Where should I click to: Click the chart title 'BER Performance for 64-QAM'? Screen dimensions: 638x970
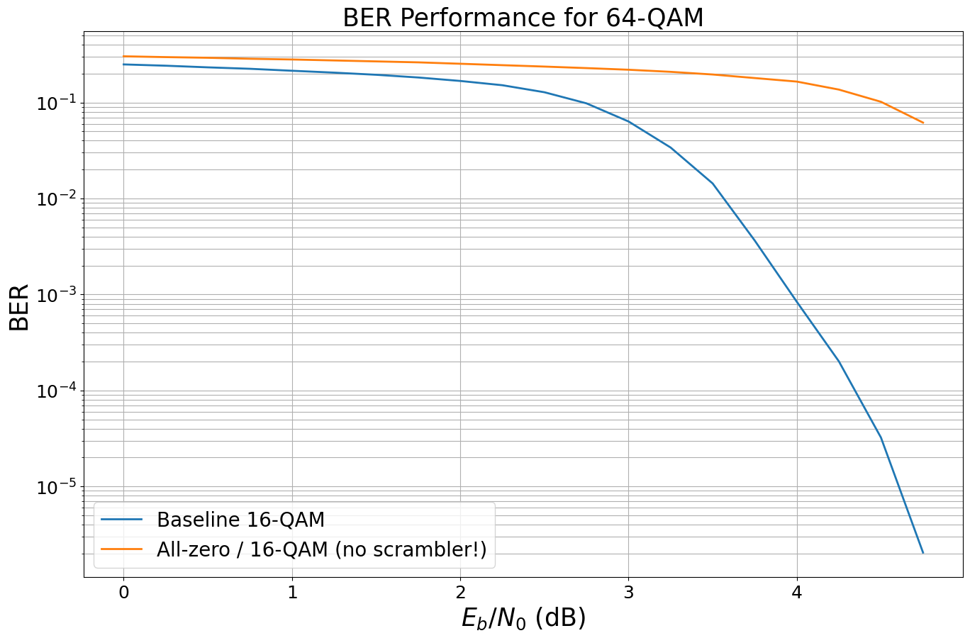[523, 18]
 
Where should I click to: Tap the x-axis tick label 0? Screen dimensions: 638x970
[123, 592]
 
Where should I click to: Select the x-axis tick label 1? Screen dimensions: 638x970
[292, 592]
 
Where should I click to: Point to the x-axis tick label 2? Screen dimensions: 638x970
[460, 592]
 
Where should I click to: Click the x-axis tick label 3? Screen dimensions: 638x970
[628, 592]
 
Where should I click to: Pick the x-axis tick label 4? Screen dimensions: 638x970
[797, 592]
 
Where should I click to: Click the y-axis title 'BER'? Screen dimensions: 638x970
[20, 307]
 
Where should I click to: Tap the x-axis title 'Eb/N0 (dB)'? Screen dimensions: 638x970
[523, 618]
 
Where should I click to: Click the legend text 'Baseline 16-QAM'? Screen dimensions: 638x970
[240, 520]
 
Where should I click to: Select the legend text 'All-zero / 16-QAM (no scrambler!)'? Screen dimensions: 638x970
[321, 549]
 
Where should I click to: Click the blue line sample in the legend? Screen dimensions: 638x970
[122, 520]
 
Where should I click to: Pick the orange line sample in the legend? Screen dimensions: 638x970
[122, 549]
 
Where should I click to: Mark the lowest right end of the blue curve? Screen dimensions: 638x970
[922, 552]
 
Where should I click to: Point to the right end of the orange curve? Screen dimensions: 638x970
[922, 123]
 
